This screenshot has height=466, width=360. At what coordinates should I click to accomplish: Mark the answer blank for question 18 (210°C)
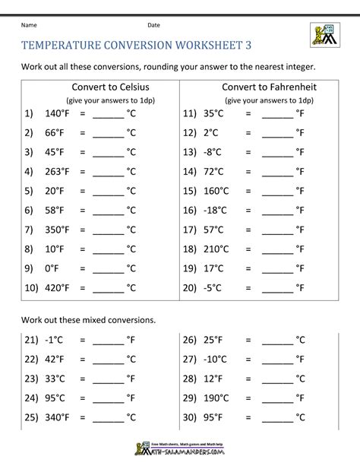pos(276,249)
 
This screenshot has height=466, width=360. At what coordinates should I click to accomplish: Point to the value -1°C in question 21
pos(55,339)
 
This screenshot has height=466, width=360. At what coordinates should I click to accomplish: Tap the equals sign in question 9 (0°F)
pos(84,268)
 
